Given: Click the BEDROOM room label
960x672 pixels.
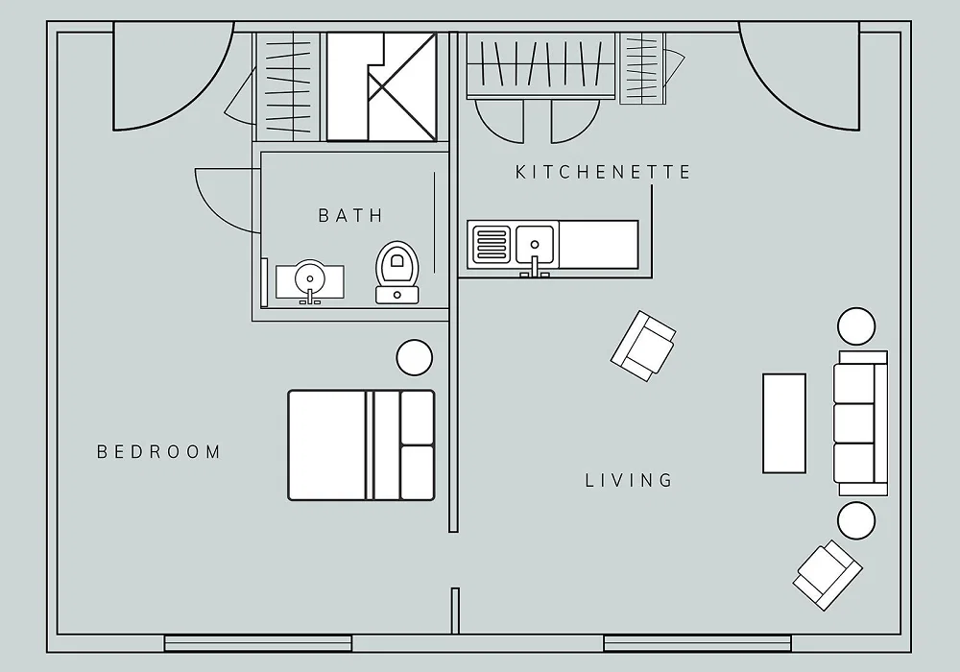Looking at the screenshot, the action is point(159,452).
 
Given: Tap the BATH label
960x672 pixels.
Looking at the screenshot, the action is point(351,215).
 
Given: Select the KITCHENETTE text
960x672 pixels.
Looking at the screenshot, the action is point(603,172).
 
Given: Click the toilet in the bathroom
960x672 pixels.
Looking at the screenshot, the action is point(397,273).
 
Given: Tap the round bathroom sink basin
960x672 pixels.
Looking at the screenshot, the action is point(310,279).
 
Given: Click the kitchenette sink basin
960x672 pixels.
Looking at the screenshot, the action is point(535,243).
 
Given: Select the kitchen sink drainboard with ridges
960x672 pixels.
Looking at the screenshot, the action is point(490,244).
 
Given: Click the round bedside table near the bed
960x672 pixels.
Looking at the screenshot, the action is point(415,358).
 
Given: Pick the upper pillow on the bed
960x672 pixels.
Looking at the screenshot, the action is point(418,418).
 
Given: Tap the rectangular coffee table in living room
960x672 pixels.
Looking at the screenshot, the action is point(783,423).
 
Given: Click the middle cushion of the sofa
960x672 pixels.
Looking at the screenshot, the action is point(853,423).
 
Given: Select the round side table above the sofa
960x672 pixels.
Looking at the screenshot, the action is point(856,326).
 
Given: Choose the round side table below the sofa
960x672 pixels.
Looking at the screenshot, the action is point(856,521).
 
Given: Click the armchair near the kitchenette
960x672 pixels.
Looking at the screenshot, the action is point(643,346).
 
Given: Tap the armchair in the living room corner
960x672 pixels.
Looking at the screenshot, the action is point(828,575).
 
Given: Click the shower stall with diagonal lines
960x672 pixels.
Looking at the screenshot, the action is point(381,86).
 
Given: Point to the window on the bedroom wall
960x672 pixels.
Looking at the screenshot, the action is point(257,643).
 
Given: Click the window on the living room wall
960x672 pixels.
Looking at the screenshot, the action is point(697,643).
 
